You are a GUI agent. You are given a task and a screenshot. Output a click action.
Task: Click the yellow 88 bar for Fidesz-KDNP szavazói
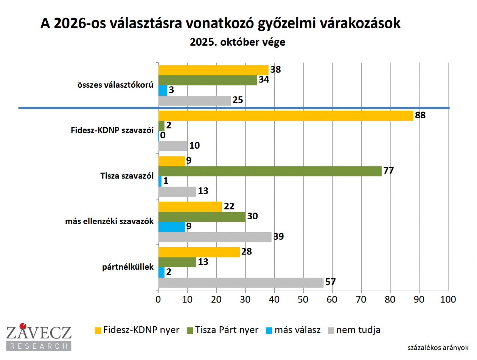286,116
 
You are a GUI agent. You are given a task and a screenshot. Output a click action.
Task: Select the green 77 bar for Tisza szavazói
270,171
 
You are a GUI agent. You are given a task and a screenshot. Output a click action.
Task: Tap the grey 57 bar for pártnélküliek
241,283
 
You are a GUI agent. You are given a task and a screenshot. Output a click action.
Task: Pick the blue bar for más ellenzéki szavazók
171,227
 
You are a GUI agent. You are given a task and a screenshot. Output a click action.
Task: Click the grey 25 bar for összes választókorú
195,100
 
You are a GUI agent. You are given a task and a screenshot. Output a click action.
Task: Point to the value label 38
275,69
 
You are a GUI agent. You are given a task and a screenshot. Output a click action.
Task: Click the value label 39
278,237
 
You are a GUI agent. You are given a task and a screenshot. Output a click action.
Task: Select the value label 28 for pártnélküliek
247,252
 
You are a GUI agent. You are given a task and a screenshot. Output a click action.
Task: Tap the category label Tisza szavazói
127,176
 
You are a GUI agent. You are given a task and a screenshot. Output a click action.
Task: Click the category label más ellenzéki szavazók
109,221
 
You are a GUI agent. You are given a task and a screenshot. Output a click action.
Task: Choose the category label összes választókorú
115,85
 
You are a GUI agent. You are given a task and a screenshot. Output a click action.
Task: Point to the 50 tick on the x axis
303,300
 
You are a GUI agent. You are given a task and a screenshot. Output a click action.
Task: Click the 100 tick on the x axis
448,300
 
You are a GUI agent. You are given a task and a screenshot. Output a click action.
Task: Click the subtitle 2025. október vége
238,42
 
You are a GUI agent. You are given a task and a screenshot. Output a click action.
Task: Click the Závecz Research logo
39,337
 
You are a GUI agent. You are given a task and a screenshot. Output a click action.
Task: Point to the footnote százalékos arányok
438,348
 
